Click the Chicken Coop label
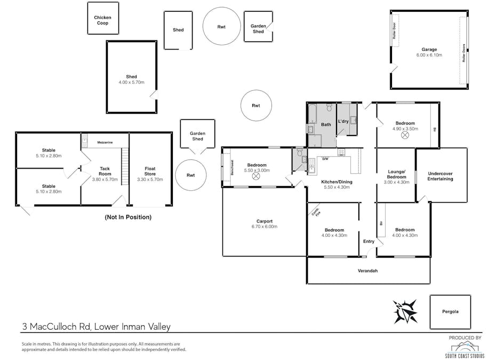tap(103, 20)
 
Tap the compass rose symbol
tap(405, 311)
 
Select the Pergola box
tap(450, 312)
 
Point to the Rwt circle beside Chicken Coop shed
tap(221, 27)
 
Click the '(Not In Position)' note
tap(128, 217)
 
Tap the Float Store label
tap(150, 172)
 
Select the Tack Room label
tap(105, 172)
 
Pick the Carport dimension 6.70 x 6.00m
tap(264, 227)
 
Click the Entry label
tap(369, 242)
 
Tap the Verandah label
tap(367, 271)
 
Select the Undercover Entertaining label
tap(440, 176)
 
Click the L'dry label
tap(343, 122)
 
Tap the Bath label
tap(326, 125)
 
